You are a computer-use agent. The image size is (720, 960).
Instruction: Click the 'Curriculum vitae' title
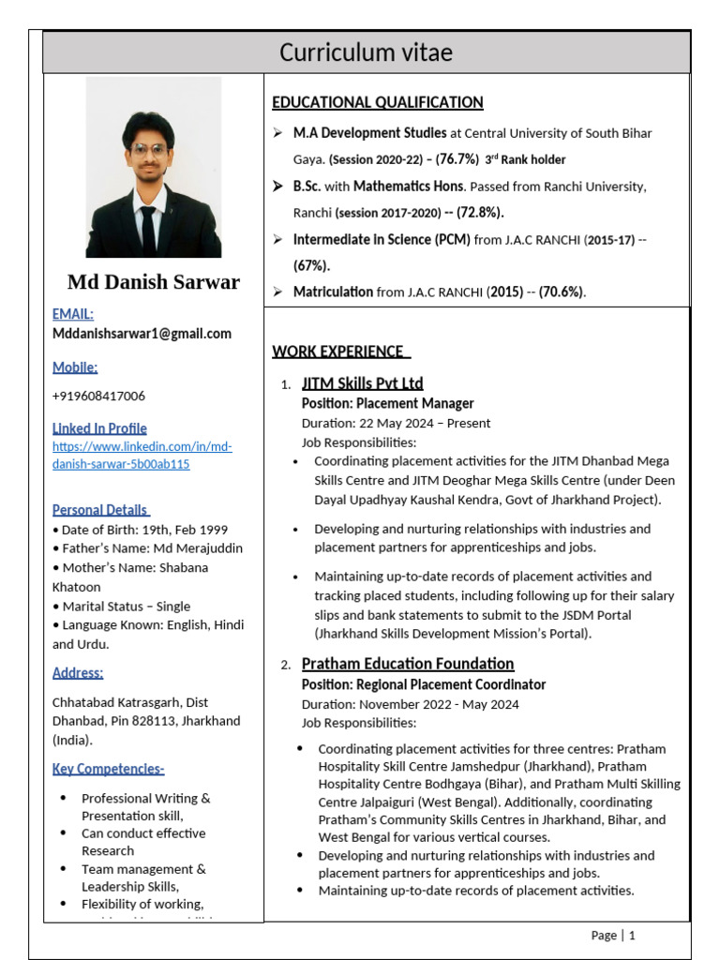366,53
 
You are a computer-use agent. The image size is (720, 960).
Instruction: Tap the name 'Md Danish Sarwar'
153,282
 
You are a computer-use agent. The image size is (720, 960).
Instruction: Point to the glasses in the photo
149,149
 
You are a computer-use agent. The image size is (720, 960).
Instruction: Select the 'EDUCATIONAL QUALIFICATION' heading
377,102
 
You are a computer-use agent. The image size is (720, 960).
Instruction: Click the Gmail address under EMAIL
142,334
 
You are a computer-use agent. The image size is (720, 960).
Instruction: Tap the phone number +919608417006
98,396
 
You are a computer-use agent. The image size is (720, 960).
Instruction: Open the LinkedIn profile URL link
142,456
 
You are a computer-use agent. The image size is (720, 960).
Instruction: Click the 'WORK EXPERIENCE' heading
340,352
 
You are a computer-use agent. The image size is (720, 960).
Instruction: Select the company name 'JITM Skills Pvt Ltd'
362,382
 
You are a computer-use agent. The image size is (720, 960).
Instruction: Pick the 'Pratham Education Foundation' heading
407,664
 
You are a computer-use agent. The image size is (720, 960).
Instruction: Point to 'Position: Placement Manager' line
387,403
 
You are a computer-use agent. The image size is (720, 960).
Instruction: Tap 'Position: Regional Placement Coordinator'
423,684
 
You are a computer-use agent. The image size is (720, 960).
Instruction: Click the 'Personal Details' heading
100,510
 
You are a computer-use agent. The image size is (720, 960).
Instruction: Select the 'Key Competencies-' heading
108,769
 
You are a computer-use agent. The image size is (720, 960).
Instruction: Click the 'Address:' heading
78,672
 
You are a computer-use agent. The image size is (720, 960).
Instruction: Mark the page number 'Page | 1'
613,935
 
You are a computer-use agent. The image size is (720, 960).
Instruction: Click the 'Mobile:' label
75,367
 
